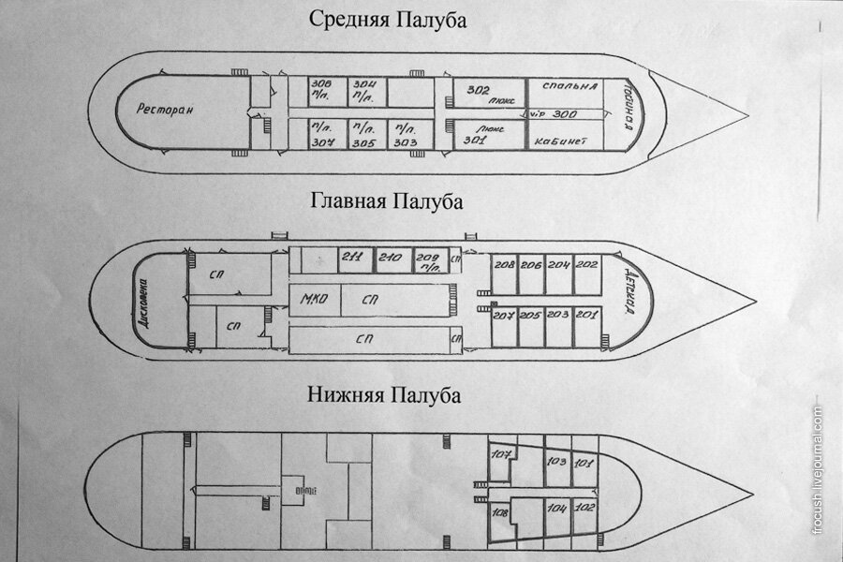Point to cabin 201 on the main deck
coord(587,315)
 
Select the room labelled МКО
coord(312,300)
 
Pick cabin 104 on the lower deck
coord(557,509)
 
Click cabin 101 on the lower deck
coord(584,464)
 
